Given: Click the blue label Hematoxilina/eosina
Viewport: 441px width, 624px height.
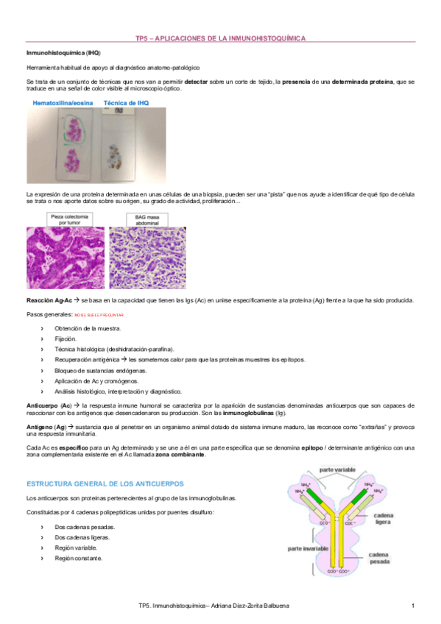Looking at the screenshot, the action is [x=63, y=104].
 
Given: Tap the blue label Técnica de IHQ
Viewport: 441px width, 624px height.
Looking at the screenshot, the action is [x=126, y=104].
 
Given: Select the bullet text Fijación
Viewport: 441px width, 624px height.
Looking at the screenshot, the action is [x=66, y=338].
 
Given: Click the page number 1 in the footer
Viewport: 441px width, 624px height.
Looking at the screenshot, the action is [x=413, y=605].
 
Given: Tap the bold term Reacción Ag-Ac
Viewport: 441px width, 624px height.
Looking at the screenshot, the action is [x=49, y=300].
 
